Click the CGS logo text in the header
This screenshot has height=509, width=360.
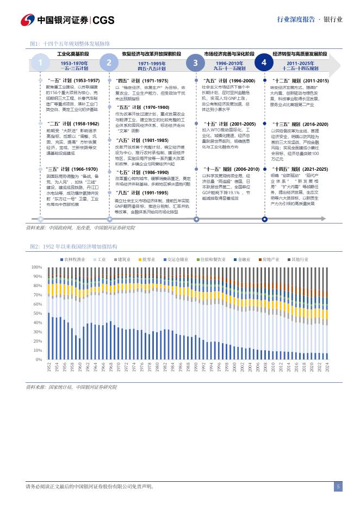coord(103,20)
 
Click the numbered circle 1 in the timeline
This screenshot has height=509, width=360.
coord(40,63)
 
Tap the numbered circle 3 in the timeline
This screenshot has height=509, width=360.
coord(195,63)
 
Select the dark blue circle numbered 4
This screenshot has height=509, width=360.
coord(264,63)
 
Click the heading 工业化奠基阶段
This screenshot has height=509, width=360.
coord(73,54)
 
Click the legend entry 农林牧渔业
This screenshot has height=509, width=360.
coord(75,259)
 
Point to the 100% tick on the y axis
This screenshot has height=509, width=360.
coord(36,268)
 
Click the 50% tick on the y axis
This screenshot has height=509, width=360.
coord(38,314)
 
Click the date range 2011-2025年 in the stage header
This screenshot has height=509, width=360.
coord(300,63)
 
